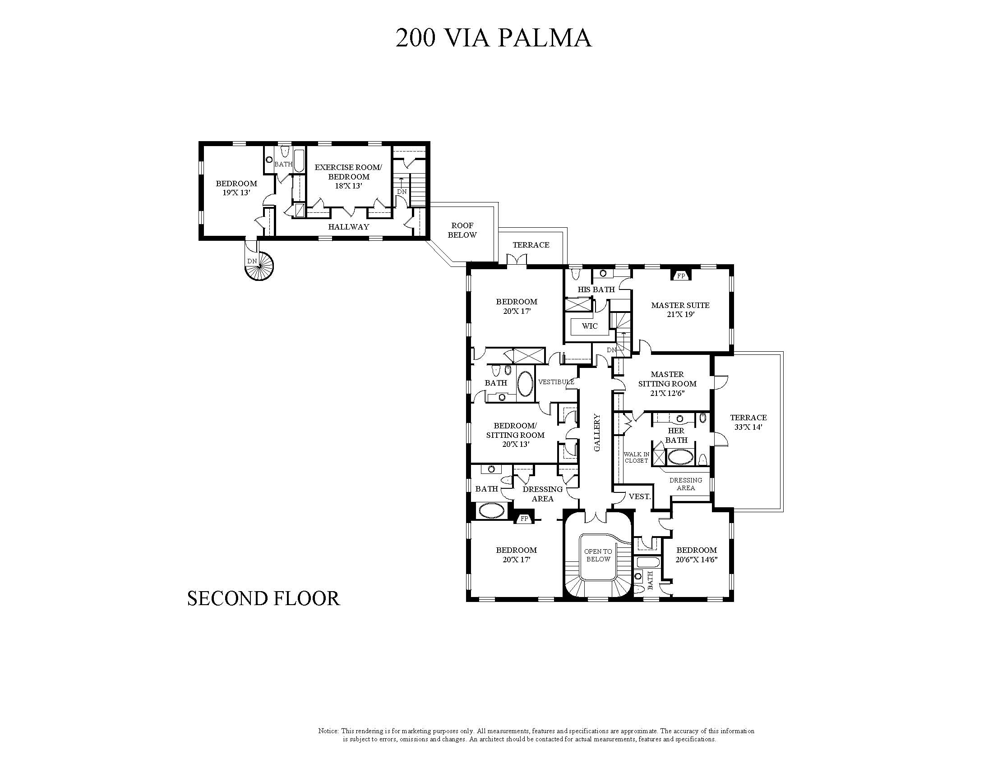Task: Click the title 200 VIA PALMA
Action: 493,38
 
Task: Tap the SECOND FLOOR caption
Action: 264,598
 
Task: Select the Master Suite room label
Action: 680,310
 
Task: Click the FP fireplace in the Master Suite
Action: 681,276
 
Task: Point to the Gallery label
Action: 597,432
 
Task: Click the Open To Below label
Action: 598,555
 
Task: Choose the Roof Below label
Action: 462,230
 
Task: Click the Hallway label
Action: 349,226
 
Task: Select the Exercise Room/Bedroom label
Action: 348,176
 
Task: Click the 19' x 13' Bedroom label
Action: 236,188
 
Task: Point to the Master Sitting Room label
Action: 667,383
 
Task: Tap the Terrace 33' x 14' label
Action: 748,422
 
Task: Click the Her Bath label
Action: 676,435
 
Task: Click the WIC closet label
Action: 590,326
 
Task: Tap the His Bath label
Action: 596,289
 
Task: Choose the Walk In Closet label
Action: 636,457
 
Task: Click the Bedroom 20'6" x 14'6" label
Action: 697,555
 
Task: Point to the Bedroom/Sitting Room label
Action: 515,435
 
